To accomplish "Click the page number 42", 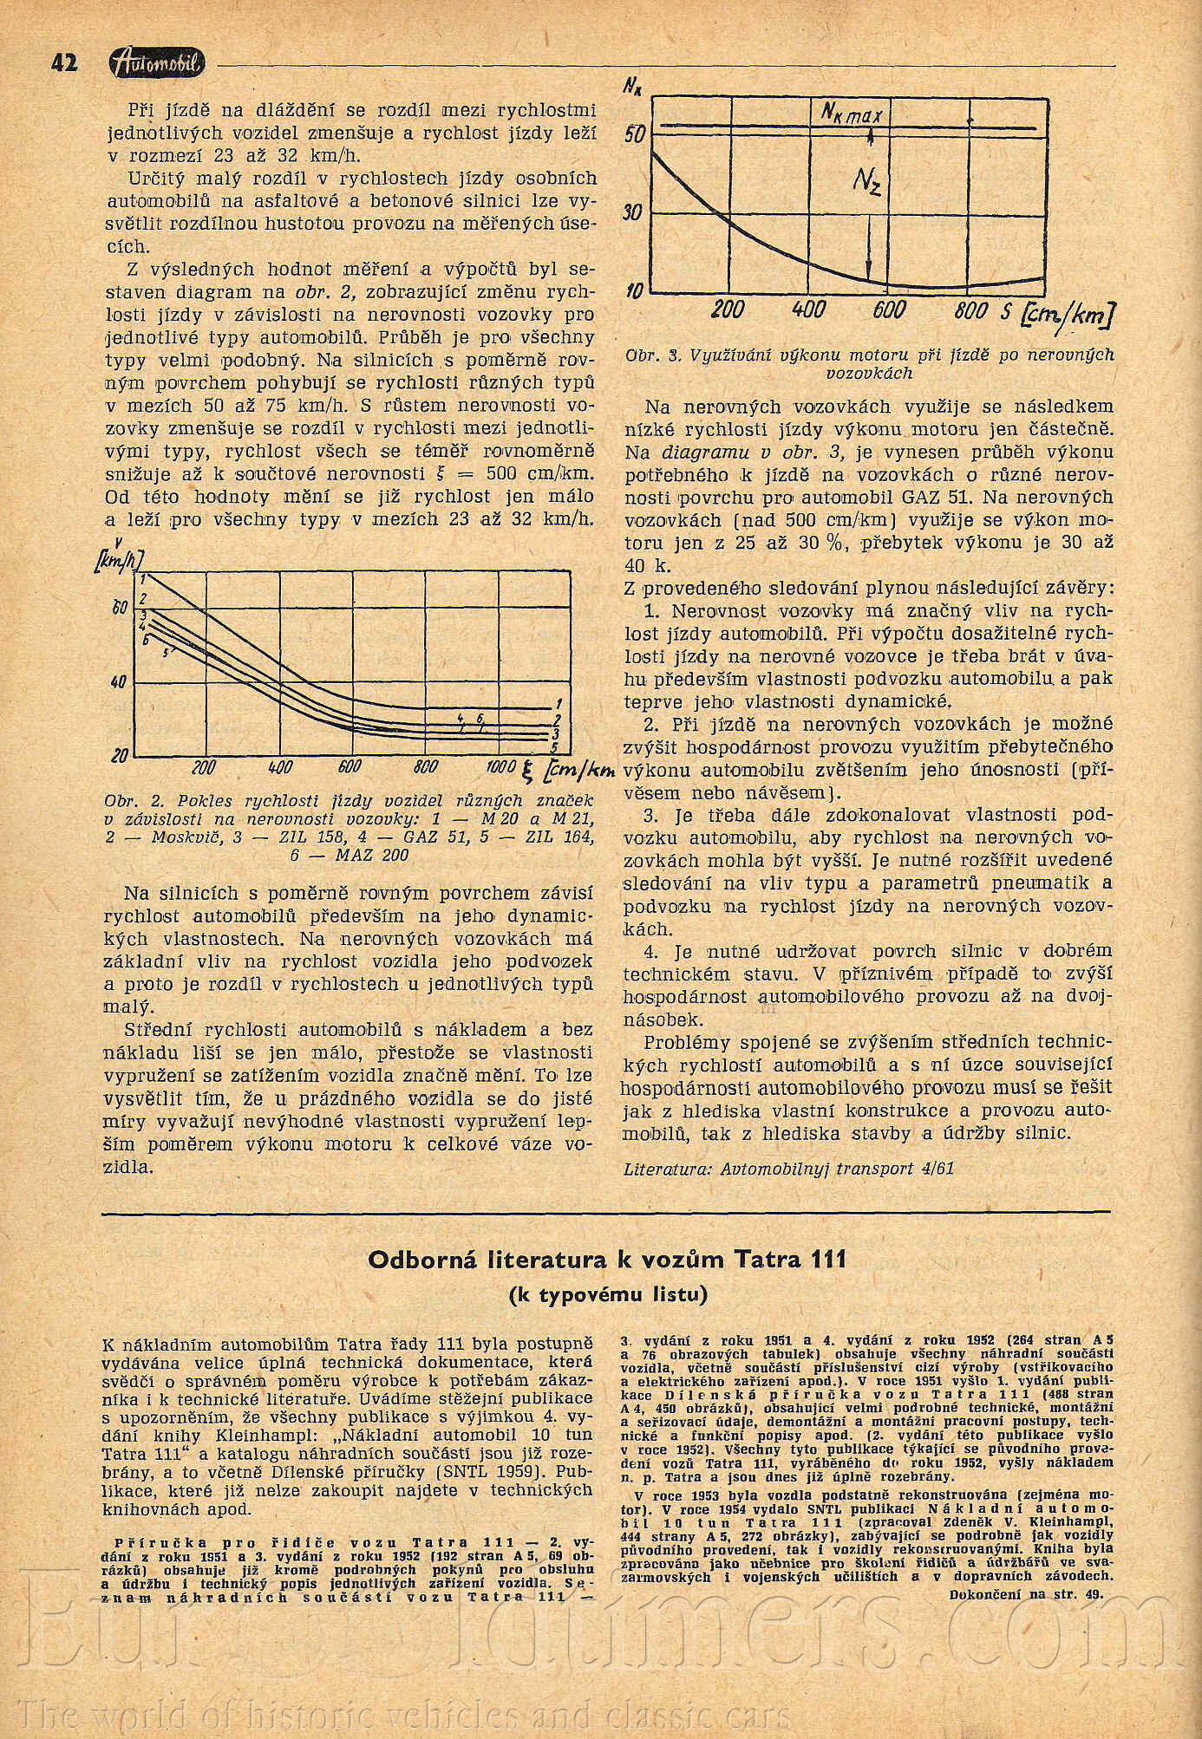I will click(x=64, y=63).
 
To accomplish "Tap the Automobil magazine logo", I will click(x=157, y=63).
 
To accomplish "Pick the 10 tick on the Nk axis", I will click(x=635, y=291).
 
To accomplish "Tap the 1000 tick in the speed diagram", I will click(x=501, y=766).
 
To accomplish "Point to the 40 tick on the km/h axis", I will click(x=119, y=682).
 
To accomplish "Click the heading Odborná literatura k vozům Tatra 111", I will click(x=606, y=1259).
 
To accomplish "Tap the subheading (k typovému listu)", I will click(x=607, y=1295).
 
